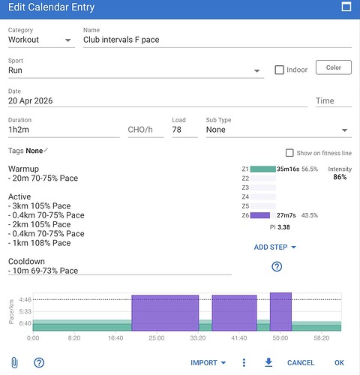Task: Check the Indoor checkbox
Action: point(279,70)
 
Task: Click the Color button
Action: point(334,67)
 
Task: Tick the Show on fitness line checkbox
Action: point(289,153)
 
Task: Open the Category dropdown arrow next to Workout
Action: point(67,40)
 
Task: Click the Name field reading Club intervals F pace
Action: point(121,40)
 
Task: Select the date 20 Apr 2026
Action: point(31,100)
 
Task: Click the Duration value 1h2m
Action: point(19,130)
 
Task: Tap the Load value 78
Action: point(177,130)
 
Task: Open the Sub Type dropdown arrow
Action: point(344,130)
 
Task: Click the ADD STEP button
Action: point(274,247)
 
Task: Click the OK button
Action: point(339,363)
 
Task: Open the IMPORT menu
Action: point(208,363)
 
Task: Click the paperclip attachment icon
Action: point(15,362)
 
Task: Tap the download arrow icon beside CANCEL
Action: point(268,362)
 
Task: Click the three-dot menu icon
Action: point(244,363)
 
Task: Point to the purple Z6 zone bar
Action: point(260,215)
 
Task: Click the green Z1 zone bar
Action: point(263,169)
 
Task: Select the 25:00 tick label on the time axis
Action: point(157,338)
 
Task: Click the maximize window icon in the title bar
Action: point(346,7)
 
